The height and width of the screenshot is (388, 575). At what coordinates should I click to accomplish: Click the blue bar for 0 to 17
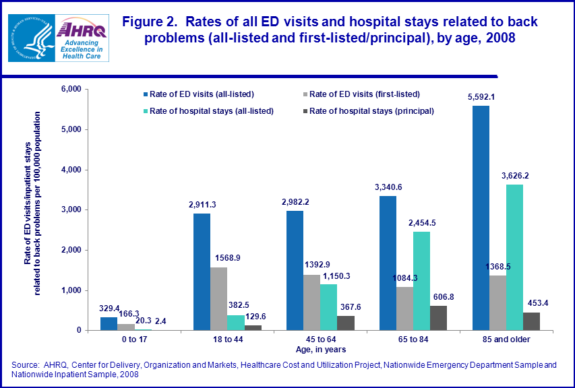[x=109, y=323]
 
